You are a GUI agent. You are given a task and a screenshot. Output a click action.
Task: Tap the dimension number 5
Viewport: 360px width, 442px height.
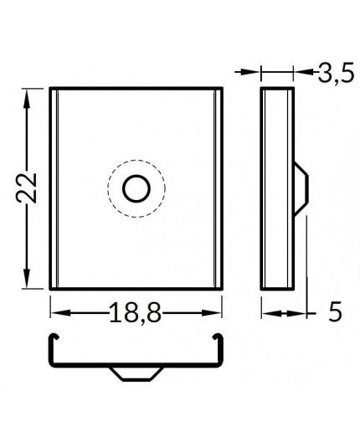335,313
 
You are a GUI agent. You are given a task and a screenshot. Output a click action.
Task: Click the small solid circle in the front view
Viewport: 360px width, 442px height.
135,190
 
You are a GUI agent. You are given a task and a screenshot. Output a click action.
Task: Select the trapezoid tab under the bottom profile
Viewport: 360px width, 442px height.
135,372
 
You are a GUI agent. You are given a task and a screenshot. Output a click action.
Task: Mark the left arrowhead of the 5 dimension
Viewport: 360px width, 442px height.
266,314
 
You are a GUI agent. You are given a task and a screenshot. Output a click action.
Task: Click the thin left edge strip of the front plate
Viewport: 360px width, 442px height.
54,188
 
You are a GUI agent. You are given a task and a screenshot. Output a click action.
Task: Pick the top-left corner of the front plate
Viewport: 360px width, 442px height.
50,87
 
